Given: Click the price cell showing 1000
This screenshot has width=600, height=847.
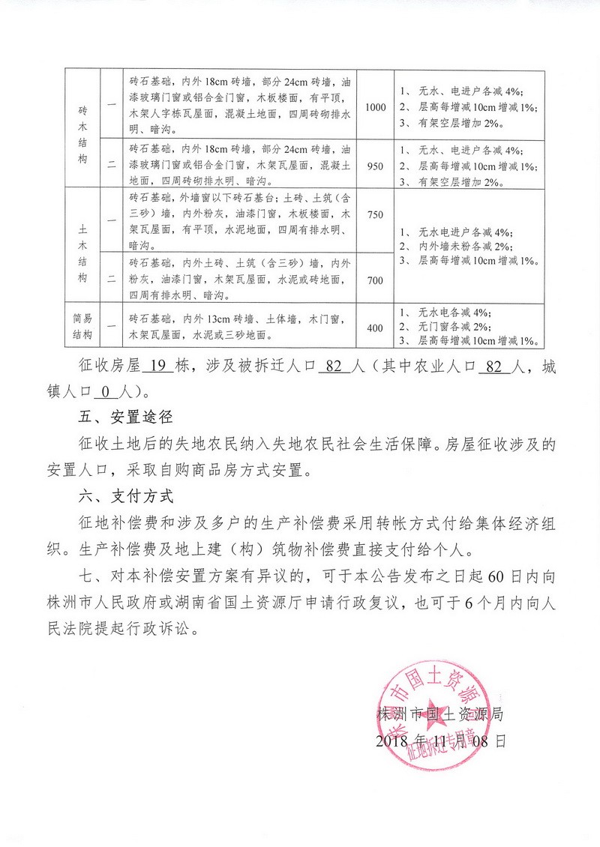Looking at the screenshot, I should point(375,107).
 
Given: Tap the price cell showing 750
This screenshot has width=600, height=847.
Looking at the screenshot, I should point(375,215).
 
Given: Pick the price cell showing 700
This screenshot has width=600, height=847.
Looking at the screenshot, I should point(375,279).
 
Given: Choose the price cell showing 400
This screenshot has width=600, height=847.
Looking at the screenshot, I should point(375,328).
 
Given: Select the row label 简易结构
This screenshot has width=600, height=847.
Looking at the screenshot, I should point(83,328).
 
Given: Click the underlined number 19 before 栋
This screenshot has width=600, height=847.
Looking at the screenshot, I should point(157,367).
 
